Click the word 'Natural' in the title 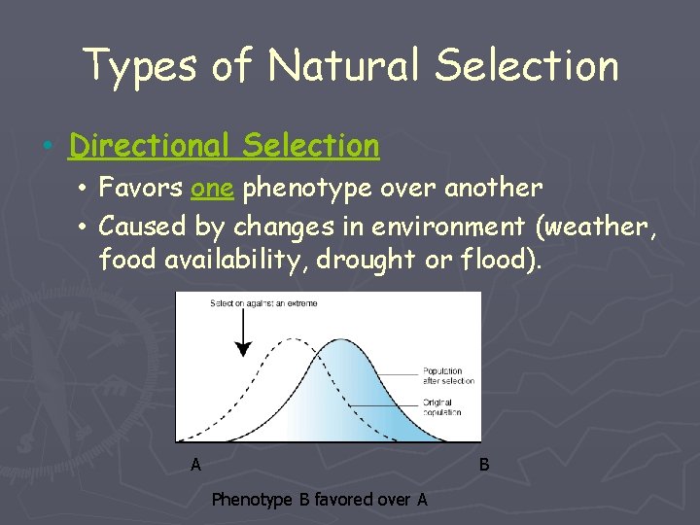pyautogui.click(x=344, y=66)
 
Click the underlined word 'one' pyautogui.click(x=212, y=187)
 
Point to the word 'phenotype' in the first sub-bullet pyautogui.click(x=293, y=188)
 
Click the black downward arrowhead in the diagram pyautogui.click(x=243, y=348)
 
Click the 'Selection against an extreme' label pyautogui.click(x=263, y=303)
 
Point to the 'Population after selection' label pyautogui.click(x=448, y=376)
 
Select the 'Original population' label pyautogui.click(x=441, y=407)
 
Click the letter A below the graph pyautogui.click(x=195, y=465)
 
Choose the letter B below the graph pyautogui.click(x=484, y=465)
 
